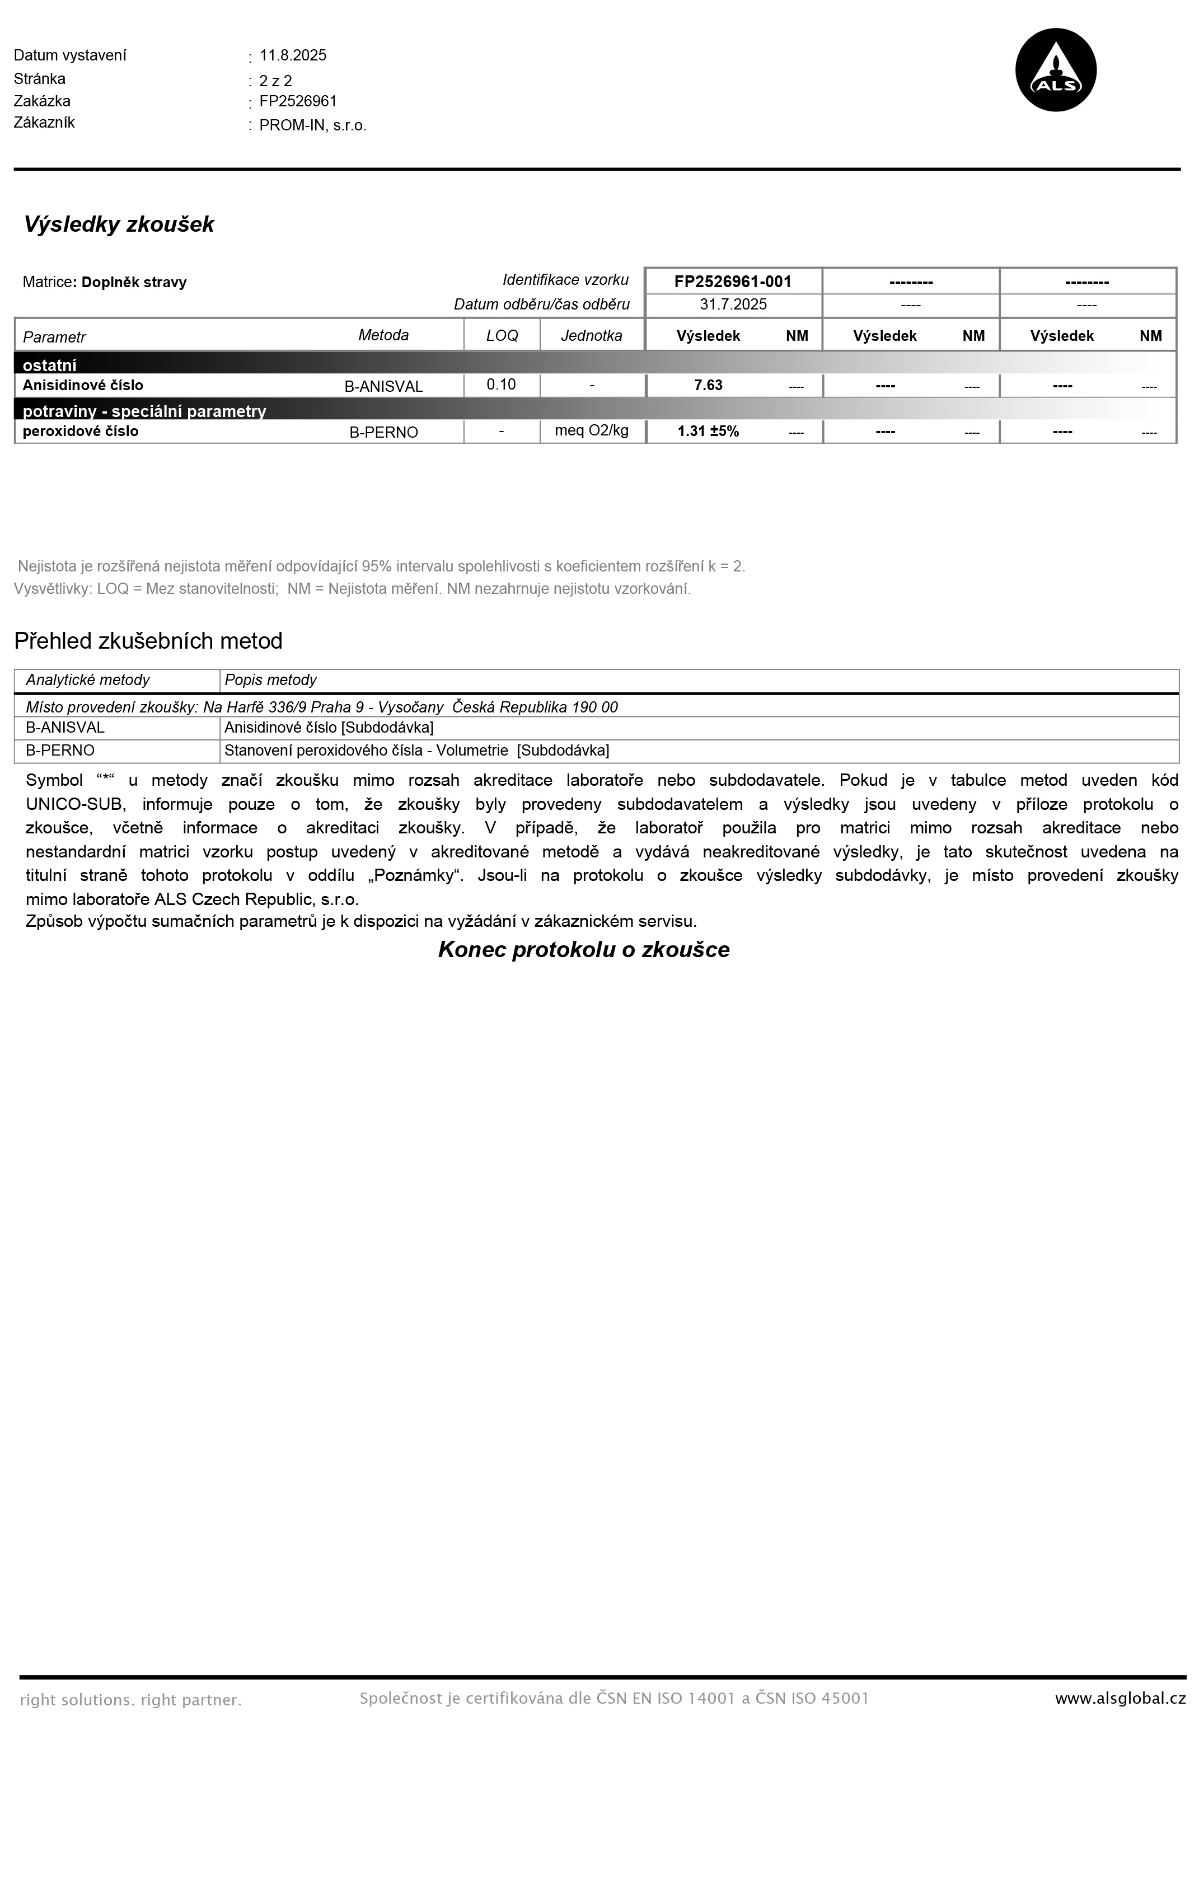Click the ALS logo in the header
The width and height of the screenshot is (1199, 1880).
1055,71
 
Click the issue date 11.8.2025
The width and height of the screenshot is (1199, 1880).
293,55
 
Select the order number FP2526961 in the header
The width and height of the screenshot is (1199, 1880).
298,101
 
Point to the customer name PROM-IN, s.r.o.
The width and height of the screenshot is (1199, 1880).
312,126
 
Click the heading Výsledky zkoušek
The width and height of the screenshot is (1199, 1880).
119,225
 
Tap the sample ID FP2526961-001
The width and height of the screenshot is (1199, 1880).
732,282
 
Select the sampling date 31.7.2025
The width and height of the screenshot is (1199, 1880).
733,304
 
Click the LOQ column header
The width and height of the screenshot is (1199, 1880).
502,336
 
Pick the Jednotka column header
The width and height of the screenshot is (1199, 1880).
592,336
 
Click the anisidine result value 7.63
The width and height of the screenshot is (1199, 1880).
708,386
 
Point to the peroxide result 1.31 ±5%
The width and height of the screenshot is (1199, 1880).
708,432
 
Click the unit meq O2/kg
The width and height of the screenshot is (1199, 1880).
592,430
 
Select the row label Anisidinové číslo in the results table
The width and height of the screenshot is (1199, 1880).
83,386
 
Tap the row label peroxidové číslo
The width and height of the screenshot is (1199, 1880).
81,432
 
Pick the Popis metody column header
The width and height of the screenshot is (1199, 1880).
271,680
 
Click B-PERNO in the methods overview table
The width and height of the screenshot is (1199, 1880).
60,751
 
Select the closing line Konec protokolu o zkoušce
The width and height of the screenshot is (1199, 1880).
584,950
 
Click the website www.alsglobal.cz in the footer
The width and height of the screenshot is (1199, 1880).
1120,1699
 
